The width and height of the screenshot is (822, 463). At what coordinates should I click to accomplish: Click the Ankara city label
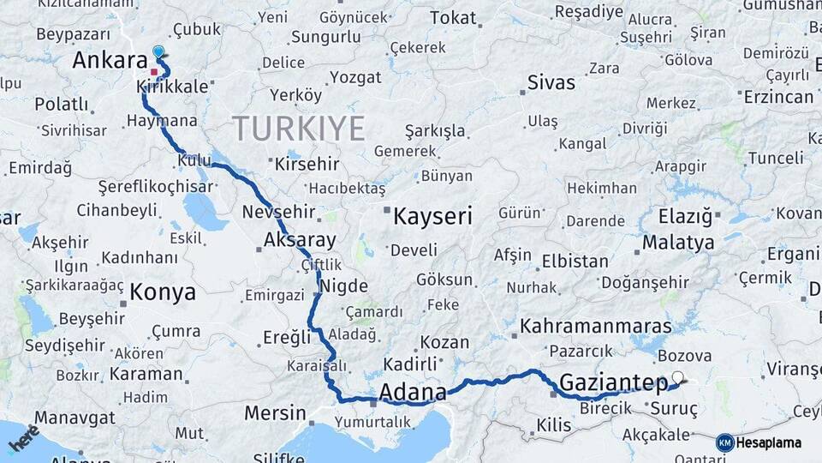(x=110, y=61)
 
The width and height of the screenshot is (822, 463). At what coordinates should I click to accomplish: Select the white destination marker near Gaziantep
(x=679, y=376)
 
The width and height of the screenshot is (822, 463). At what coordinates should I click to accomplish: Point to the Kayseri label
(x=432, y=217)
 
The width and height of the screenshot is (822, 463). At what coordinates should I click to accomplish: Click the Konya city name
(x=163, y=292)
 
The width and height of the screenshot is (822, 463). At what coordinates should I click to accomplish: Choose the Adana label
(x=412, y=394)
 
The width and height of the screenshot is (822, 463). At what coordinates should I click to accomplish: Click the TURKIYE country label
(x=300, y=129)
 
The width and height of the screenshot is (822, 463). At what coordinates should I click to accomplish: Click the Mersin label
(x=275, y=413)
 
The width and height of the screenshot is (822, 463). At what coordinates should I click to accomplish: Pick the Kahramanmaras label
(x=596, y=327)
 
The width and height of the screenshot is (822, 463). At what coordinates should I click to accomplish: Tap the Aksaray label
(x=300, y=240)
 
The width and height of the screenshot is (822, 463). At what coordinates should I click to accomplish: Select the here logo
(x=24, y=439)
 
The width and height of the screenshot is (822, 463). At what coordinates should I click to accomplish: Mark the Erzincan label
(x=778, y=97)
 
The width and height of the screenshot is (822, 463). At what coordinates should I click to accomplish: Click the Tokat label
(x=453, y=18)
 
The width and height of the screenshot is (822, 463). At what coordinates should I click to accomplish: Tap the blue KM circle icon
(x=725, y=442)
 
